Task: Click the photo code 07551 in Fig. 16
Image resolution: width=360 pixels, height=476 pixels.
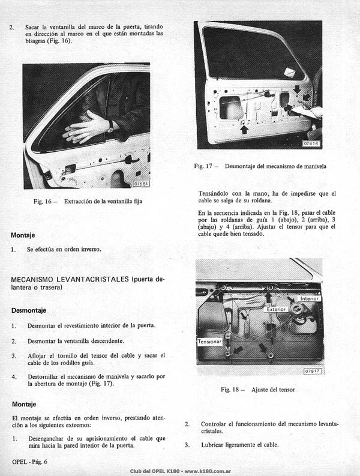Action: (142, 184)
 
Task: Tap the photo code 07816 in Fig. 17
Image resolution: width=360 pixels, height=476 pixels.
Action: (311, 143)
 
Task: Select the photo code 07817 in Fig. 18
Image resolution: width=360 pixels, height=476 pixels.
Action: (313, 371)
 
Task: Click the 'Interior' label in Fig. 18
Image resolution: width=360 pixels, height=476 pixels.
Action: (309, 298)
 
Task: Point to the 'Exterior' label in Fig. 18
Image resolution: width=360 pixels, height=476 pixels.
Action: (275, 309)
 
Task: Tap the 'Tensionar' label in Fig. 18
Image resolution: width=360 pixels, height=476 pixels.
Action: (209, 342)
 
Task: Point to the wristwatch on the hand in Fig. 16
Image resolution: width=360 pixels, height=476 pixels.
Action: (111, 125)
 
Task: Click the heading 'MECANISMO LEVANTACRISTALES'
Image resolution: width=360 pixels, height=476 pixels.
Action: (70, 279)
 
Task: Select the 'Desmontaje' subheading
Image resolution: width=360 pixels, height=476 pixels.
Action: (29, 310)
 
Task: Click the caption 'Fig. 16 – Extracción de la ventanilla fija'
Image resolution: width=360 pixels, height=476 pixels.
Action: (88, 201)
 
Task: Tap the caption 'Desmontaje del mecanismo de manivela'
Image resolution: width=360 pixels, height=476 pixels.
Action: (275, 166)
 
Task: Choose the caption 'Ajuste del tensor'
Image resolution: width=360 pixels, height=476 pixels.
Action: (273, 390)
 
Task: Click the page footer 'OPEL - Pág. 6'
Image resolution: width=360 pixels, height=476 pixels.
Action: (30, 462)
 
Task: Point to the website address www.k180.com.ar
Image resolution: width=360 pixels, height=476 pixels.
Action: (208, 471)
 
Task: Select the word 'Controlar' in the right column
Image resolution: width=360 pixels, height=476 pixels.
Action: (214, 424)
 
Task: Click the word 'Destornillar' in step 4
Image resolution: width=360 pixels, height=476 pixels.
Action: (43, 377)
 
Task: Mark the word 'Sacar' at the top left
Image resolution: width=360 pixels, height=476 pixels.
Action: (32, 27)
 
